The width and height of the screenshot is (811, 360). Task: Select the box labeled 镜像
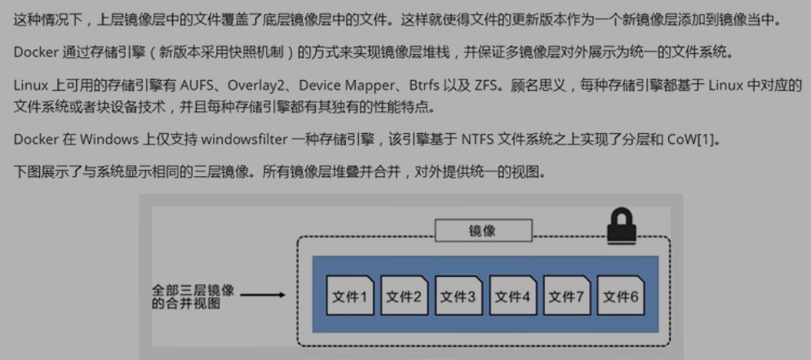point(482,231)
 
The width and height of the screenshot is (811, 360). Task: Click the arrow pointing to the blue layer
point(263,296)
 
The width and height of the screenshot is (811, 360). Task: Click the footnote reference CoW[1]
point(698,140)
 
